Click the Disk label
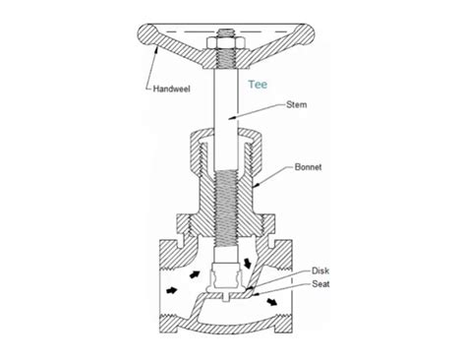click(x=319, y=270)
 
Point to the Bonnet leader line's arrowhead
click(x=255, y=184)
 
